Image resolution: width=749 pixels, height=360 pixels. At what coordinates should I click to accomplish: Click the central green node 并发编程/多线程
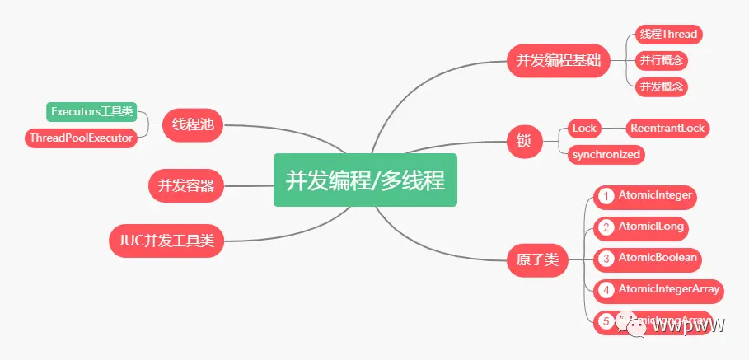[365, 180]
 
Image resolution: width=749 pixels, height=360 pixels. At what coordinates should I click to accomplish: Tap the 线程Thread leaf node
[668, 35]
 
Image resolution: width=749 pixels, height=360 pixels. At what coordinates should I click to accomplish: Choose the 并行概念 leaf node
[662, 60]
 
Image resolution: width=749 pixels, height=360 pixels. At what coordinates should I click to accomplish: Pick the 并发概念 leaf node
[662, 86]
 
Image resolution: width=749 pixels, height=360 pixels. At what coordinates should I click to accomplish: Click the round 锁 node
[524, 142]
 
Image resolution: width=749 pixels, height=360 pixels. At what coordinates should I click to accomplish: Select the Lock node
[584, 129]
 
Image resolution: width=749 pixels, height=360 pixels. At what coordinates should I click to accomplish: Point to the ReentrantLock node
[667, 129]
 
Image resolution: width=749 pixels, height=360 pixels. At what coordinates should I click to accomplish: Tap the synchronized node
[606, 154]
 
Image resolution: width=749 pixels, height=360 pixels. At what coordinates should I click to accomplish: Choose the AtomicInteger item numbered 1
[644, 196]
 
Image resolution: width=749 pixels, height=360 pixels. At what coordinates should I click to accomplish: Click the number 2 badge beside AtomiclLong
[606, 227]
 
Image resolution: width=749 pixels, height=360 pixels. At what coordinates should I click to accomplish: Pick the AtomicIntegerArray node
[658, 289]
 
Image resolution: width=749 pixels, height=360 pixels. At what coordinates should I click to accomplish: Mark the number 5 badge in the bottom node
[606, 321]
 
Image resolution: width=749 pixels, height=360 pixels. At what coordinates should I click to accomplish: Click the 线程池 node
[193, 125]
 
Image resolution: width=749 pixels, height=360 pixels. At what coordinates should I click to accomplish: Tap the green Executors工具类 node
[91, 111]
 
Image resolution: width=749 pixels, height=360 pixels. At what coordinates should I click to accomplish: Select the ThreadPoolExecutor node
[81, 138]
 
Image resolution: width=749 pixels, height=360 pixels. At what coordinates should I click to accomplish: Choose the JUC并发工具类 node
[166, 241]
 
